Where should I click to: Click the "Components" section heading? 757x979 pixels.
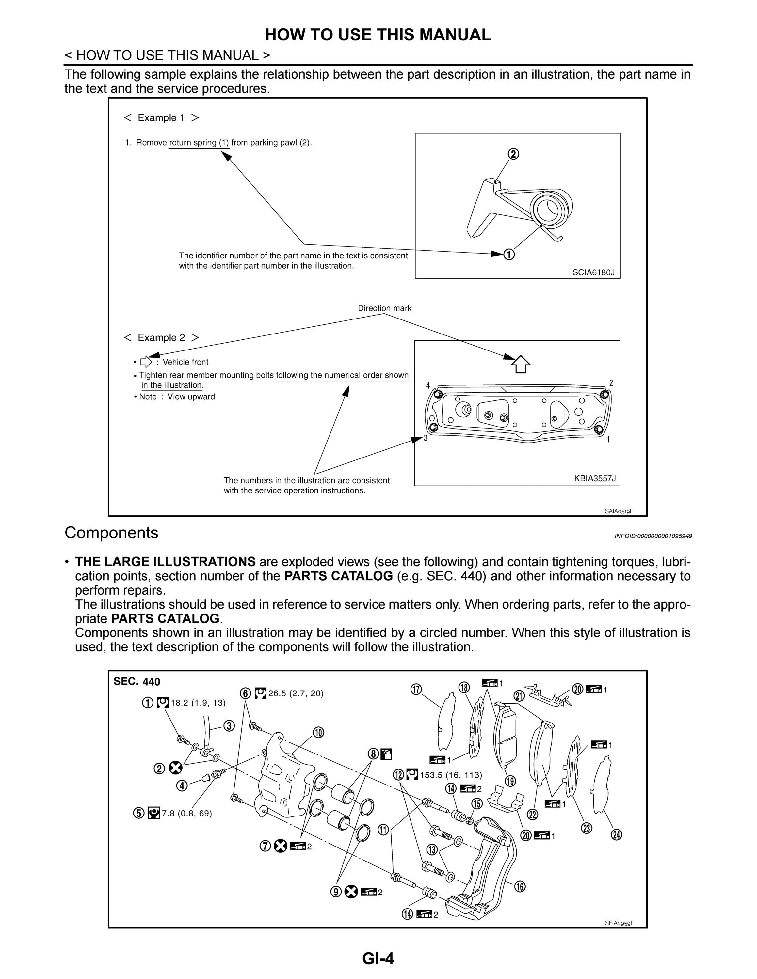[x=111, y=533]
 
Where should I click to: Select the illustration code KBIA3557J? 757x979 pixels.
[x=595, y=478]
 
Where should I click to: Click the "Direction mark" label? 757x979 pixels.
[x=384, y=308]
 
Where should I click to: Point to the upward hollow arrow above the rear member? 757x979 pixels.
[x=521, y=364]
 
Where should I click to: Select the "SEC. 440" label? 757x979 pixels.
[x=137, y=682]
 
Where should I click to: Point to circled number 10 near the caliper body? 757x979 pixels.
[x=318, y=733]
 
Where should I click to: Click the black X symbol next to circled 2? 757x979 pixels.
[x=176, y=768]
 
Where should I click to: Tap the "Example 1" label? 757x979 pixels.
[x=161, y=118]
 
